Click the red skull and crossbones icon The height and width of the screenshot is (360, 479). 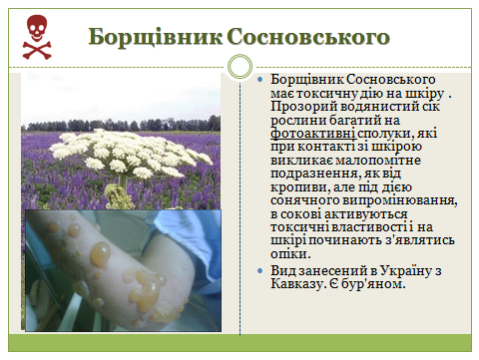[37, 37]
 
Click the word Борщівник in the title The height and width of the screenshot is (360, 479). [156, 37]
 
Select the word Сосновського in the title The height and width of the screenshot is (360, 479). [308, 37]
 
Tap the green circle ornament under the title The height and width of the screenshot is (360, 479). [239, 67]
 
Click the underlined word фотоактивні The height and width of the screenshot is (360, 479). [313, 134]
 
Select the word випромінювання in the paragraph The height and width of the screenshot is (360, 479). [399, 200]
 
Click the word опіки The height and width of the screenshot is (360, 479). [290, 254]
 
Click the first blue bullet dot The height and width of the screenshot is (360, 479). [259, 80]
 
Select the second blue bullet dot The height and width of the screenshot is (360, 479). [259, 271]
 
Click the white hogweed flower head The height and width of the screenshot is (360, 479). [131, 154]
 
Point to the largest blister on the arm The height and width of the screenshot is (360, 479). [100, 253]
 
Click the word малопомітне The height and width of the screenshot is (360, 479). [378, 161]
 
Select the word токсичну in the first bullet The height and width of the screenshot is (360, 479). [327, 94]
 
